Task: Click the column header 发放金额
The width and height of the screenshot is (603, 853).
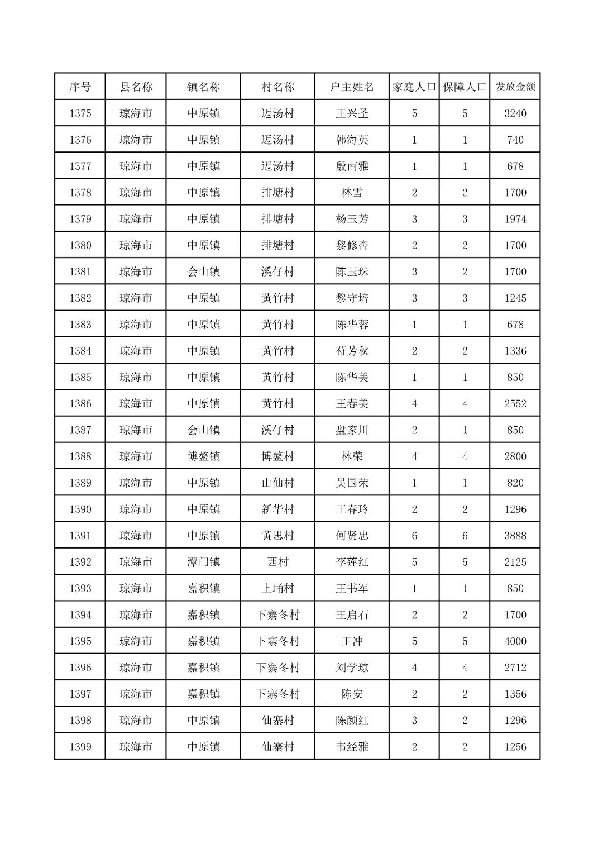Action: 515,87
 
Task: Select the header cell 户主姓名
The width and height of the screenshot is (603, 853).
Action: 352,87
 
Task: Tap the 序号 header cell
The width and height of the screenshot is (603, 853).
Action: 80,87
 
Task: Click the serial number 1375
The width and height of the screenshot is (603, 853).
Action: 80,113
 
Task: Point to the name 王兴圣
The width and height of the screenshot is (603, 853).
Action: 352,113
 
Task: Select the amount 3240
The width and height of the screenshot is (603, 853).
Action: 515,113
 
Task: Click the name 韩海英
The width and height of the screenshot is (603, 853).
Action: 352,140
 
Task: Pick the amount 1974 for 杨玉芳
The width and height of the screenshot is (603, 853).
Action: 515,219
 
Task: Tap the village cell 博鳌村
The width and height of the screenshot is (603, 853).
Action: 277,456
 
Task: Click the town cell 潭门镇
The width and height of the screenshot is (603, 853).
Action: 203,562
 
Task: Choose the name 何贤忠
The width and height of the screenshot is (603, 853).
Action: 352,536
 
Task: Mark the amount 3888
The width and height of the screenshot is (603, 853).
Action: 515,536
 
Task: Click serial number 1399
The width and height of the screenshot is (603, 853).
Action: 80,747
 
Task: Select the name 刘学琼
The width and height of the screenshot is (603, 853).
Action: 352,668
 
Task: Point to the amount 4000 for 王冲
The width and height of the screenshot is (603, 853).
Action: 515,641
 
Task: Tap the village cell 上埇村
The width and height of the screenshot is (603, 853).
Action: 277,588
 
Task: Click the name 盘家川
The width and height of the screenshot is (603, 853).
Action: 352,430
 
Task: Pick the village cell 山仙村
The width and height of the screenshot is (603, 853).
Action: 277,483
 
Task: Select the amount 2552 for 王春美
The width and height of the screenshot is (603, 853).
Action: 515,403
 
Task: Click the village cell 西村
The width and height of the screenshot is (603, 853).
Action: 277,562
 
